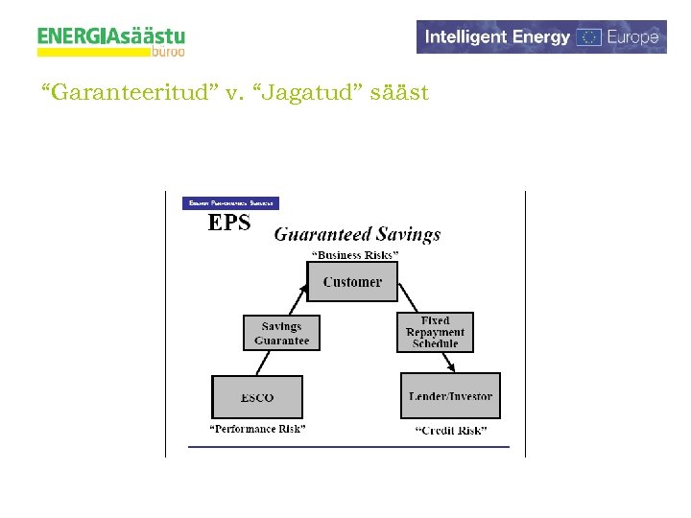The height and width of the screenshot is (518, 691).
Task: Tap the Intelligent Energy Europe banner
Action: [x=541, y=37]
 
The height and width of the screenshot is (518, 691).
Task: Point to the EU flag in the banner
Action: [x=589, y=37]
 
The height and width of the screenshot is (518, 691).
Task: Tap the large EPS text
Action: [x=229, y=224]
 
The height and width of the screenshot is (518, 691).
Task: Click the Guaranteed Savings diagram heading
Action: [x=357, y=234]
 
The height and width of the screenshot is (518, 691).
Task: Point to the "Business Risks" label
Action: [x=355, y=256]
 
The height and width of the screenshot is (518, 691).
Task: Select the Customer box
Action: [x=352, y=282]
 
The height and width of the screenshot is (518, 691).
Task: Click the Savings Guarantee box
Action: [x=281, y=333]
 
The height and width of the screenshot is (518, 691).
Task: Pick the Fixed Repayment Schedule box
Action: [x=435, y=332]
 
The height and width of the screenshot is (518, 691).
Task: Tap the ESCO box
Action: [x=256, y=397]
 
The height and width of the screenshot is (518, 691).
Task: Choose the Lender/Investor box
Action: [x=450, y=396]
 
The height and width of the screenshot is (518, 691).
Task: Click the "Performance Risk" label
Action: [x=257, y=429]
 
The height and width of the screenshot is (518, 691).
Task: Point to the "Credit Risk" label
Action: [x=451, y=431]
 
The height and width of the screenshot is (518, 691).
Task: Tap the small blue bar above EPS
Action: [x=230, y=203]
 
